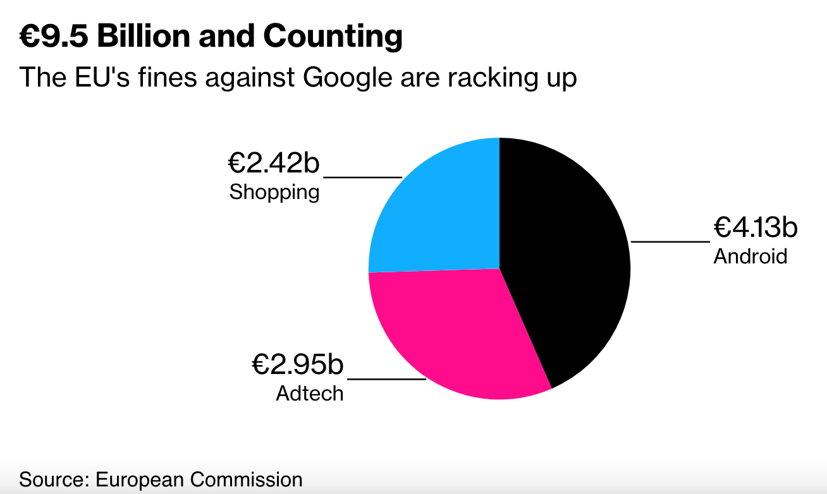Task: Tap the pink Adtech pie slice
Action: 455,335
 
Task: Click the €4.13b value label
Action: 756,228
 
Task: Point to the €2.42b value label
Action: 274,163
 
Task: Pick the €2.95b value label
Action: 297,365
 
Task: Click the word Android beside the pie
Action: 750,256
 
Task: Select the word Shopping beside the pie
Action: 274,191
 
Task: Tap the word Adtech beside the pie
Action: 309,393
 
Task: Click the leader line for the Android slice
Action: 670,241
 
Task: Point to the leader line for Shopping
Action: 363,178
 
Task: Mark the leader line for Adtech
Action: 387,379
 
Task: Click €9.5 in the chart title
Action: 54,37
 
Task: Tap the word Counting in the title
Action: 333,38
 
